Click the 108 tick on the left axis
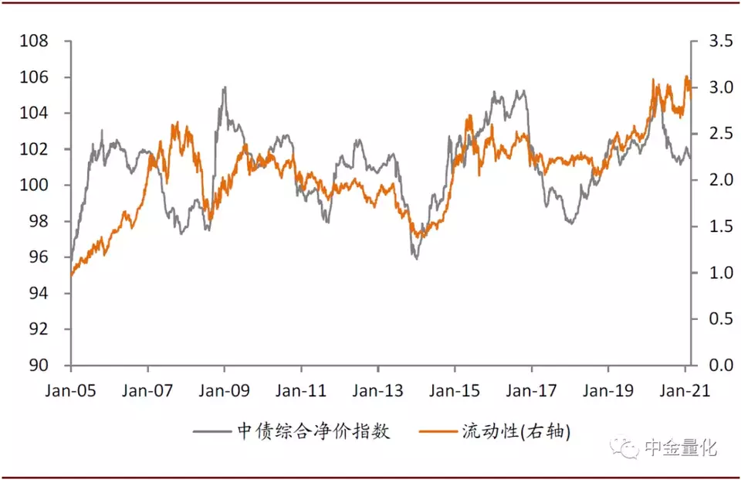click(x=33, y=41)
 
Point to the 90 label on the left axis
click(x=39, y=365)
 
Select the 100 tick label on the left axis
click(x=33, y=185)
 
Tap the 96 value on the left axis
click(x=39, y=257)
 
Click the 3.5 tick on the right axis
click(x=721, y=41)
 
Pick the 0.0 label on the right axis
click(x=721, y=365)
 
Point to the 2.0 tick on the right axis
click(x=721, y=180)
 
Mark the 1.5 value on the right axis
click(x=721, y=226)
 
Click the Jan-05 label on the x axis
click(x=70, y=390)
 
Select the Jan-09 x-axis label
click(x=224, y=390)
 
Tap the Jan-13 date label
click(x=377, y=390)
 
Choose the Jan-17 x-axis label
click(x=531, y=390)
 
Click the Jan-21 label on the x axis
click(x=685, y=390)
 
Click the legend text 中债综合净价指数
click(x=313, y=431)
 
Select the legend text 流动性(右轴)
click(x=516, y=431)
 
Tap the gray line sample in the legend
click(x=211, y=431)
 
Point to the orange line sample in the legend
click(x=438, y=431)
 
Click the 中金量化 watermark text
click(x=681, y=448)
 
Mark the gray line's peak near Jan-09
click(x=225, y=87)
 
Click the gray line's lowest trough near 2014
click(x=416, y=258)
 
